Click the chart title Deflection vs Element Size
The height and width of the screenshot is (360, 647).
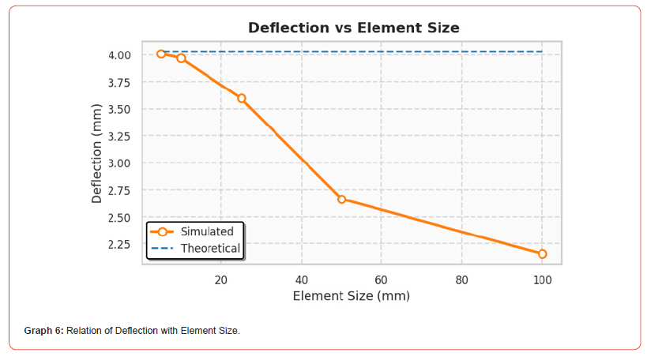coord(353,28)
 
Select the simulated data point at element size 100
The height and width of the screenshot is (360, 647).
coord(542,253)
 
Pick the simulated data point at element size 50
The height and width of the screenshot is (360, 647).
coord(342,199)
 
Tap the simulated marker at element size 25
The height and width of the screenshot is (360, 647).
coord(242,98)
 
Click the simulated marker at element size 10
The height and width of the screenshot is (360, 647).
coord(182,58)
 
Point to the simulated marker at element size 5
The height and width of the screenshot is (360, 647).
coord(161,54)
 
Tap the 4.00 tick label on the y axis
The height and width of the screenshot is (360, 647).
coord(120,55)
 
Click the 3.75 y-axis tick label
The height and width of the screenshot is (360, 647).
coord(120,82)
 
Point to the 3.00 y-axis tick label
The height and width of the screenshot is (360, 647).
coord(120,163)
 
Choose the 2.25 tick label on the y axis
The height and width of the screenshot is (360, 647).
coord(120,244)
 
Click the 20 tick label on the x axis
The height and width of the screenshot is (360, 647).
coord(221,279)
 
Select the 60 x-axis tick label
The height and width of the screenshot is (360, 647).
coord(382,279)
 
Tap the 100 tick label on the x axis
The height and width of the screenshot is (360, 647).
coord(542,279)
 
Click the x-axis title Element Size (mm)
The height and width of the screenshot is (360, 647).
coord(351,296)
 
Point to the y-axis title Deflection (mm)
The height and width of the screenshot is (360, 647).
coord(97,153)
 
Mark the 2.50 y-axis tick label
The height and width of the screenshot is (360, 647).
coord(120,217)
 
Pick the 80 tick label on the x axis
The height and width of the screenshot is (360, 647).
coord(462,279)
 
